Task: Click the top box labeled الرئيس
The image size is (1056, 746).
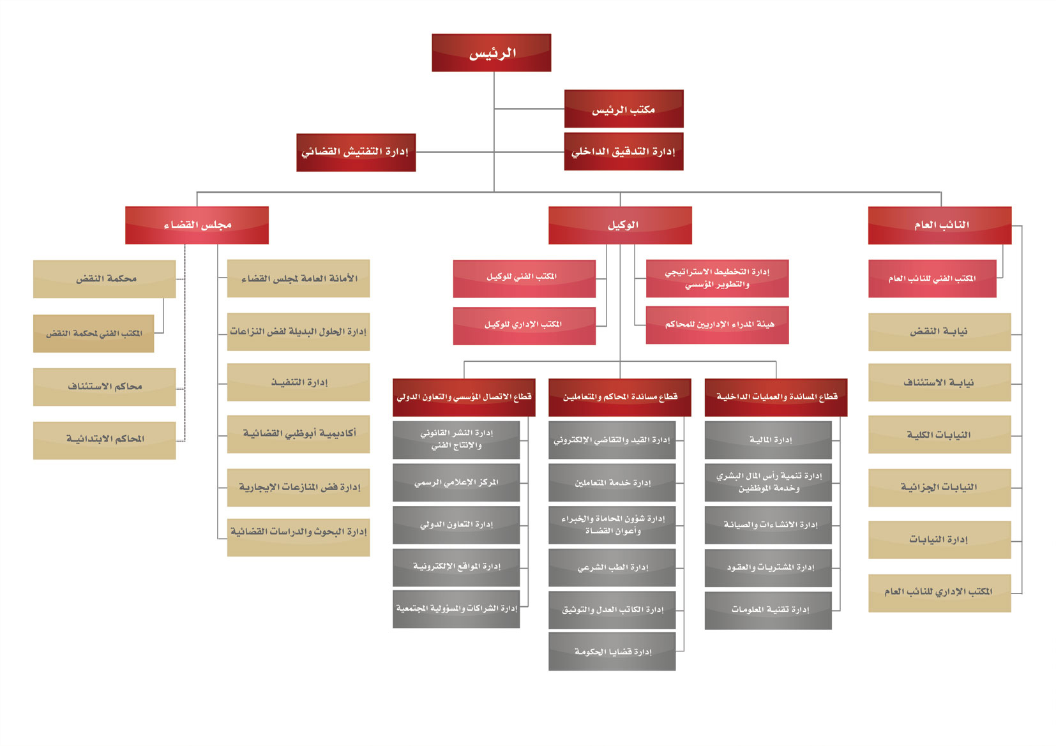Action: point(491,52)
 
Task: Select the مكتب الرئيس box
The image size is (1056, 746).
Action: point(624,108)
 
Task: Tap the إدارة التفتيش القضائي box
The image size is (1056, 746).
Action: point(356,153)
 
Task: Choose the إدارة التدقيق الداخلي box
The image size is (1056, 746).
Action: point(624,151)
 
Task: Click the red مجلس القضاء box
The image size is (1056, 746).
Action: point(197,225)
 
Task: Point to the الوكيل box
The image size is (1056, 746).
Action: point(620,225)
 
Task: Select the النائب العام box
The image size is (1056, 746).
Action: point(940,225)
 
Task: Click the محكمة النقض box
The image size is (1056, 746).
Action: point(105,279)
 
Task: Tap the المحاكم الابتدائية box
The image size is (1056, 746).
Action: point(105,440)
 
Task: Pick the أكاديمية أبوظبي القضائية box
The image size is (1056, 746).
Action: point(298,434)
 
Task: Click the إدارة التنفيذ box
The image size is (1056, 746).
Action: point(298,382)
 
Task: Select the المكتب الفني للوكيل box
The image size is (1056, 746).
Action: point(524,278)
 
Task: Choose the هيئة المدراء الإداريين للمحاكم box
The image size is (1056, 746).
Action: point(717,325)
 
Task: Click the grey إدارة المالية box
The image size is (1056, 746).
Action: point(768,440)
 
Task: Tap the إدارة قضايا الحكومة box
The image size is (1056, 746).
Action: point(612,652)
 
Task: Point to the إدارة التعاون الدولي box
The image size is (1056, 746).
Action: point(456,525)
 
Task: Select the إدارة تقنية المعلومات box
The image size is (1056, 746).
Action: point(768,610)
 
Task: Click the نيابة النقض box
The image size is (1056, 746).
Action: point(940,332)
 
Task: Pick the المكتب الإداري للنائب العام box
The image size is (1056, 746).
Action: point(940,593)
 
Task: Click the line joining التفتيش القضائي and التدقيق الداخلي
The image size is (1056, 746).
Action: point(490,153)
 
